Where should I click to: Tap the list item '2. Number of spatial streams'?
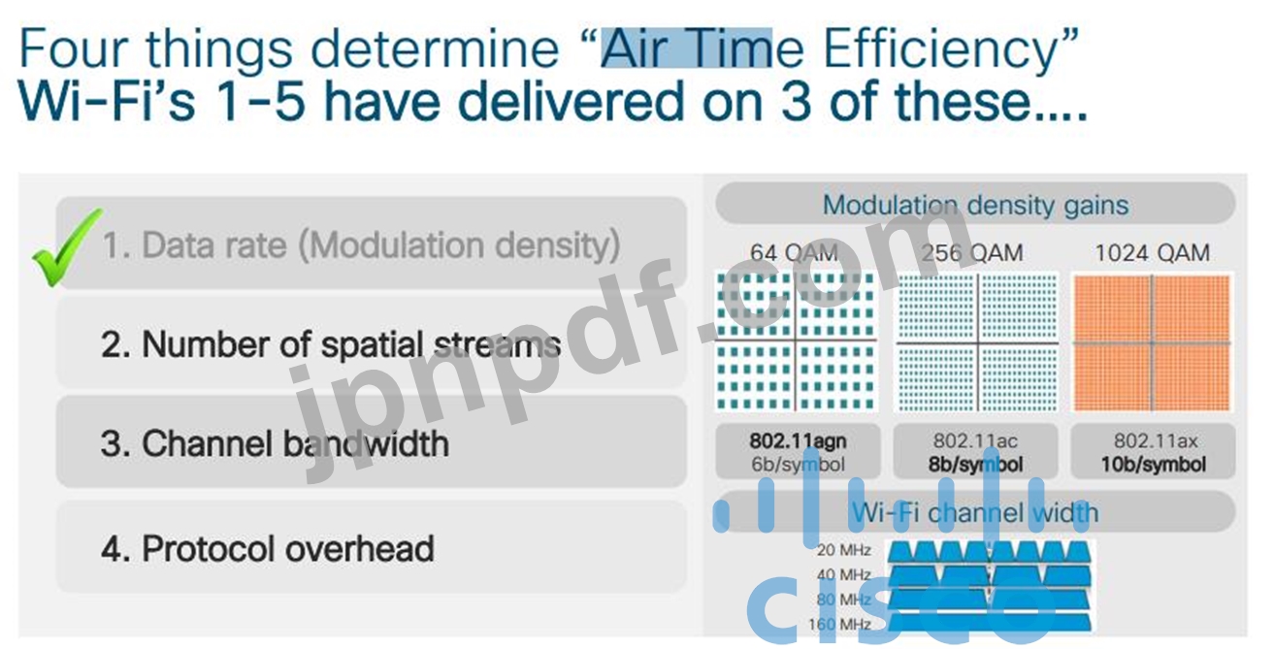coord(371,343)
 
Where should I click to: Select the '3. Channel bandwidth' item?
coord(371,442)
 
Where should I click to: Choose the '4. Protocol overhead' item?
coord(371,548)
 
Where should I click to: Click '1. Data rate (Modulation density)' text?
coord(361,245)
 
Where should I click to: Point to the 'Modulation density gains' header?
coord(975,204)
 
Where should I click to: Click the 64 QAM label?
coord(795,252)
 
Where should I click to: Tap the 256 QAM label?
coord(972,252)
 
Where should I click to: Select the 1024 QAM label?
coord(1153,252)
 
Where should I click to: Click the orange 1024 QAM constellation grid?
coord(1153,342)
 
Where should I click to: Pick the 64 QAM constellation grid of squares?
coord(796,341)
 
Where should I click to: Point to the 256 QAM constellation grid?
coord(977,342)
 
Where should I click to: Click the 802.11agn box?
coord(798,452)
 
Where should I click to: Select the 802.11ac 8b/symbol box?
coord(975,452)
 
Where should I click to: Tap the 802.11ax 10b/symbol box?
coord(1153,452)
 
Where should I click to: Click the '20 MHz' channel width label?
coord(844,550)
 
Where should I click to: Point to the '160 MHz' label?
coord(840,624)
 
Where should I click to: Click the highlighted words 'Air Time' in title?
coord(686,48)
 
